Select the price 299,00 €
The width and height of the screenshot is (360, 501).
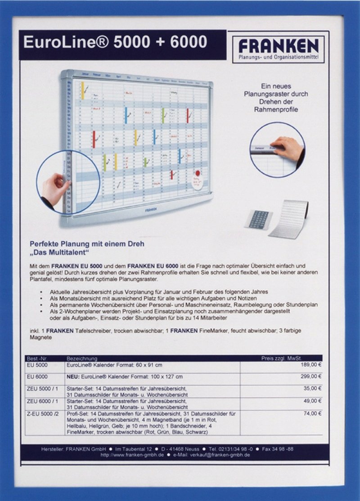311,376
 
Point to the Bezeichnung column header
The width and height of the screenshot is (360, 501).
82,358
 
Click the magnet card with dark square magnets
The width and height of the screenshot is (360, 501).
259,220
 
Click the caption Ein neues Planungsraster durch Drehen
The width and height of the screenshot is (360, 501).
276,97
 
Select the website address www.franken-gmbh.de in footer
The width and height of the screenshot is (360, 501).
132,455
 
